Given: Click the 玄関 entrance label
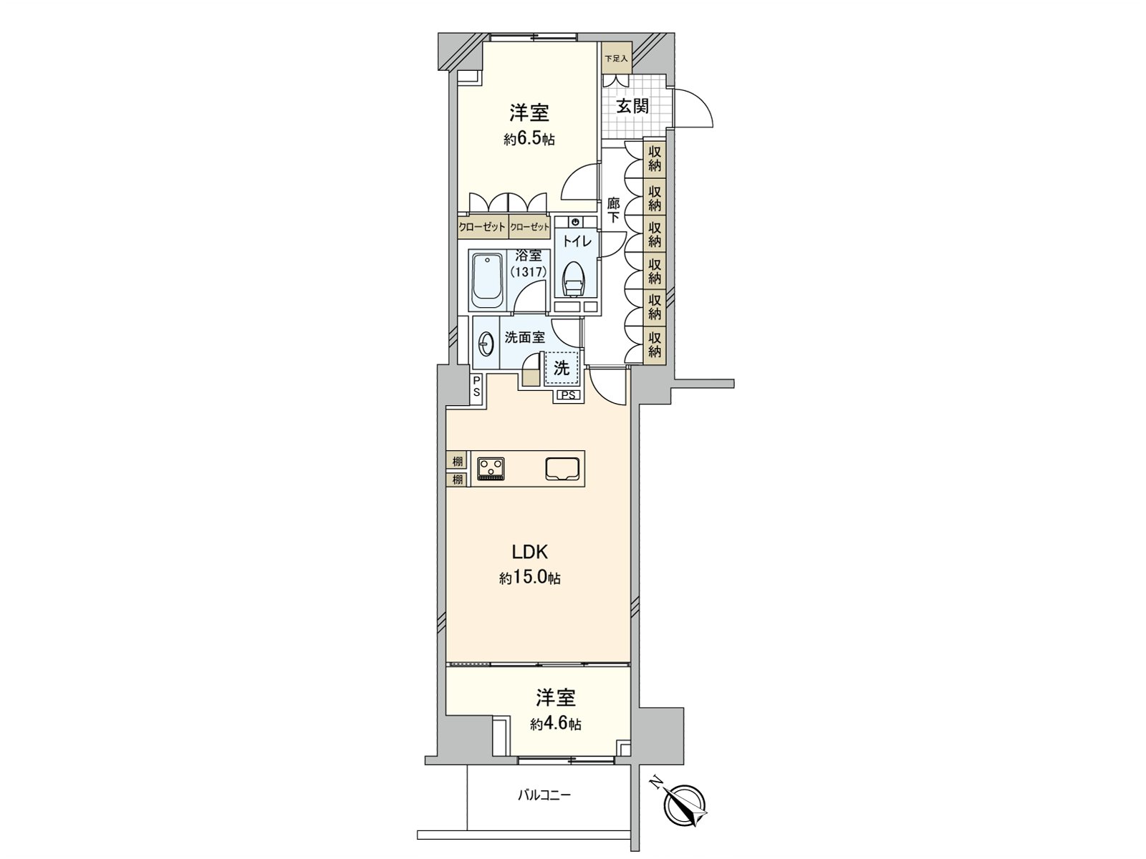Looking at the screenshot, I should (x=632, y=107).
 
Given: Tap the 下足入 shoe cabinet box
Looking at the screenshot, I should (x=615, y=58).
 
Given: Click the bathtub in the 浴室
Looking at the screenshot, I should (x=488, y=280).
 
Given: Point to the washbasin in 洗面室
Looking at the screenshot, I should (x=486, y=344).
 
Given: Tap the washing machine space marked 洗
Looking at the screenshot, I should (x=562, y=368).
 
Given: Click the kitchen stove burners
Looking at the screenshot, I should (x=491, y=467).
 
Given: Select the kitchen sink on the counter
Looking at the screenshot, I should (x=562, y=468).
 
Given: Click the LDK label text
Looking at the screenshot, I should (x=529, y=552).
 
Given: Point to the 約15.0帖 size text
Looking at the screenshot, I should (x=529, y=578).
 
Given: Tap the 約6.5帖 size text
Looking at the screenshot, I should (x=529, y=140).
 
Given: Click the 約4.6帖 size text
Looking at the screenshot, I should (x=555, y=724).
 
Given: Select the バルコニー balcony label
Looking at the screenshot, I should (x=545, y=795).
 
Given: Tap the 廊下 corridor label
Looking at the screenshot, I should (x=613, y=210).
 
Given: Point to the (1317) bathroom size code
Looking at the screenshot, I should (x=529, y=272).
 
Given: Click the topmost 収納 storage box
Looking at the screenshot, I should (x=655, y=158).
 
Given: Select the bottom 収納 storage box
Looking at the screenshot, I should (x=655, y=344).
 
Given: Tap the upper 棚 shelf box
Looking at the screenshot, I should (x=457, y=461).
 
